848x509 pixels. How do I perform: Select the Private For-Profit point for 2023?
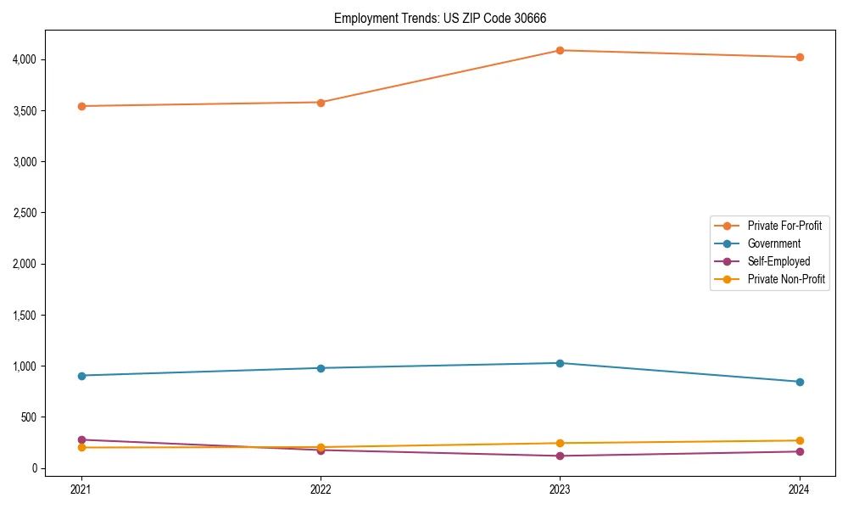[560, 50]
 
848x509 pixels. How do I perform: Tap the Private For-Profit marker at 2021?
[81, 106]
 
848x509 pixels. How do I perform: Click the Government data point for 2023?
[560, 363]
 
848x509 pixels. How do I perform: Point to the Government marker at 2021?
[81, 375]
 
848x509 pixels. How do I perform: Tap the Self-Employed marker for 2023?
[560, 456]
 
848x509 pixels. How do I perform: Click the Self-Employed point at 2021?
[81, 439]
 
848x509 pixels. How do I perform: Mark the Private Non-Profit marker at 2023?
[560, 443]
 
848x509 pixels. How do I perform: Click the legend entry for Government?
[773, 243]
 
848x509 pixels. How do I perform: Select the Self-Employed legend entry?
[778, 261]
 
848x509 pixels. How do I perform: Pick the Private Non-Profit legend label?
[786, 279]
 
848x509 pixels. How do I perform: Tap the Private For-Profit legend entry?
[784, 226]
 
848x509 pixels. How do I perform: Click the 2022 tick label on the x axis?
[321, 489]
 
